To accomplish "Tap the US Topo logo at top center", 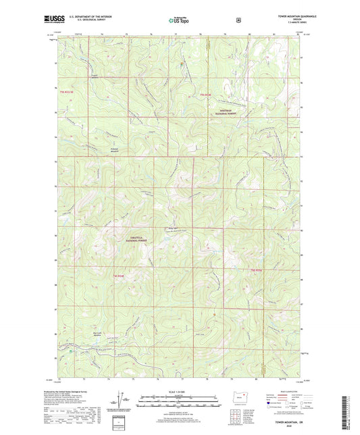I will (x=178, y=21).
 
